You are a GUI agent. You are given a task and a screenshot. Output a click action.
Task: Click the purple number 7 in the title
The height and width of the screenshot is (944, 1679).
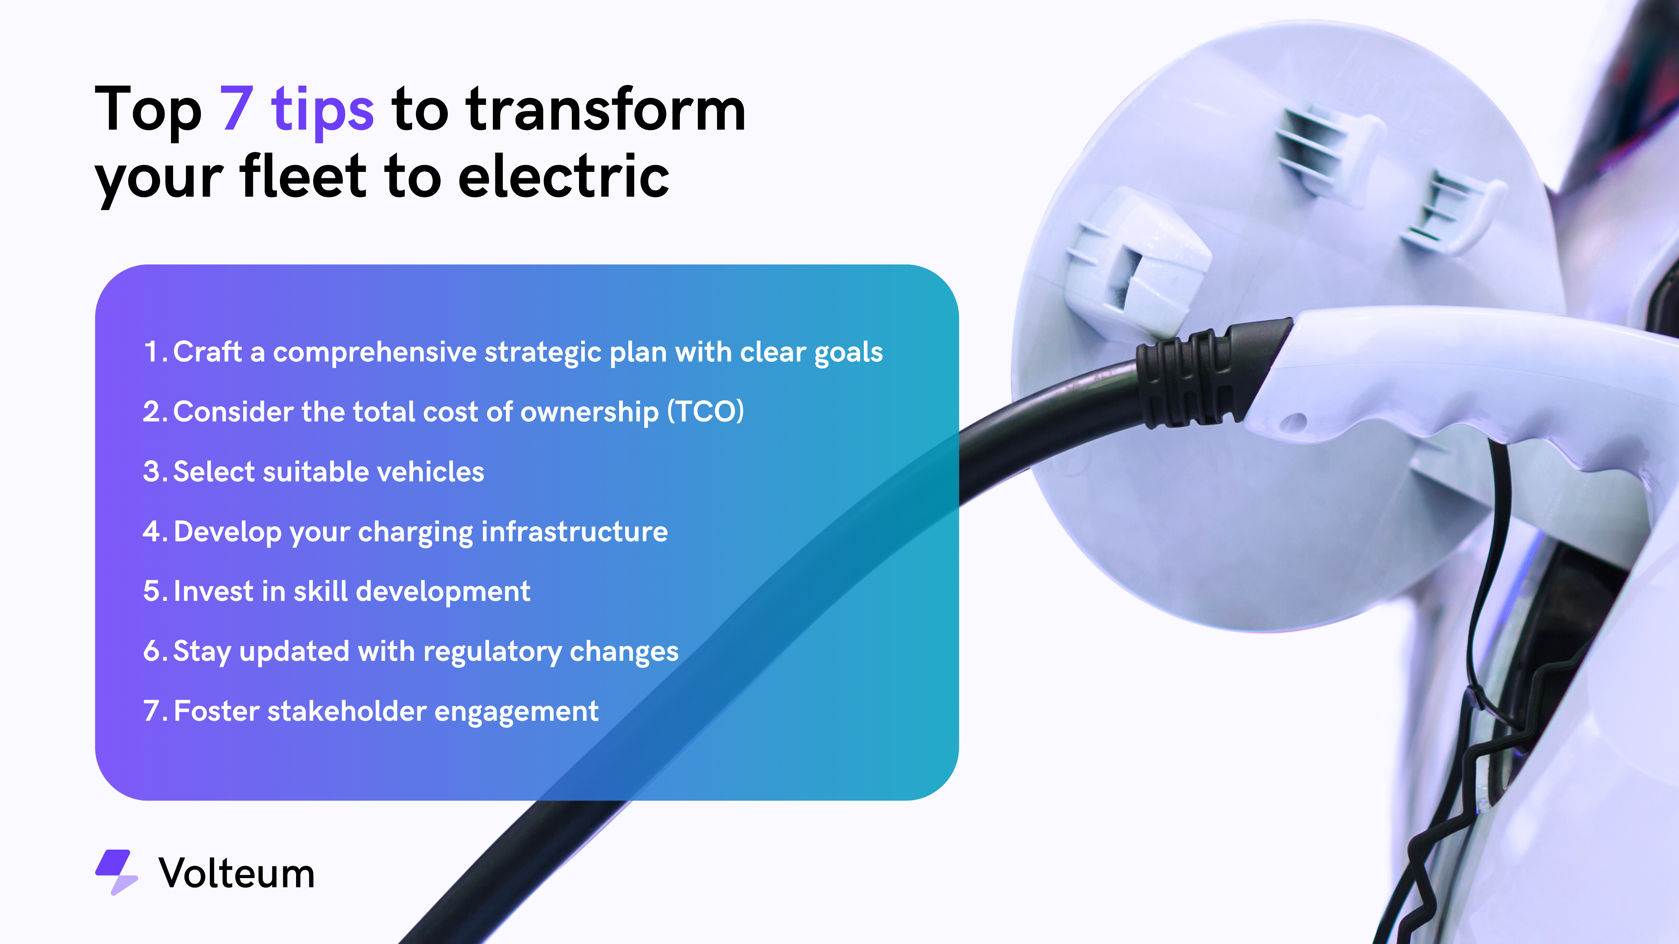point(236,108)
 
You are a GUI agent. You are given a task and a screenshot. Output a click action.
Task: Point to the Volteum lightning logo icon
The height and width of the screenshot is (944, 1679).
point(117,872)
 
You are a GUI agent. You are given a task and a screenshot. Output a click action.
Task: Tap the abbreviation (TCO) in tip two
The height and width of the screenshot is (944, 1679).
point(705,412)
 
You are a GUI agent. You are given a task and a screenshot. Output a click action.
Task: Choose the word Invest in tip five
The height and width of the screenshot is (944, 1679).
point(213,591)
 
